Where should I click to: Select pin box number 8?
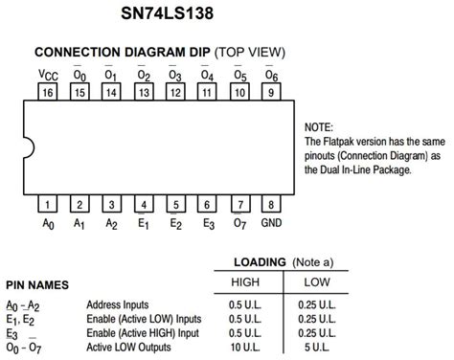[x=272, y=204]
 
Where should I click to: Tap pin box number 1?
[x=47, y=204]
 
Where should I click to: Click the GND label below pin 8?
[x=272, y=223]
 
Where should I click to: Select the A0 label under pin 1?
[x=47, y=223]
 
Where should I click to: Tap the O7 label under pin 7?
[x=240, y=223]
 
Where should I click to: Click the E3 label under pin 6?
[x=208, y=223]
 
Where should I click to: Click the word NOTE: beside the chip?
[x=318, y=127]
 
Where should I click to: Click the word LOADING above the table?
[x=261, y=260]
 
